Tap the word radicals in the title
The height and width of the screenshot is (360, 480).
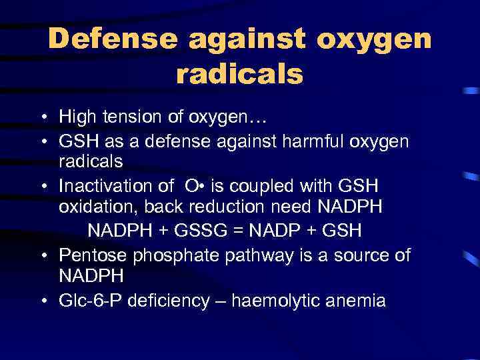[239, 75]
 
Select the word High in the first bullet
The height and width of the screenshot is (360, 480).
[77, 118]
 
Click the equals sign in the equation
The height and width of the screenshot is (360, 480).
[240, 230]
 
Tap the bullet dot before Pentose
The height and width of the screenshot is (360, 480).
[42, 255]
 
